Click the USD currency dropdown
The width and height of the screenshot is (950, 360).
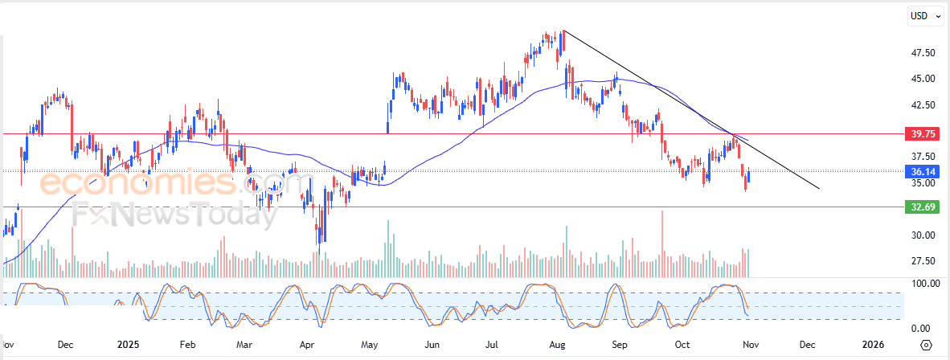pos(924,16)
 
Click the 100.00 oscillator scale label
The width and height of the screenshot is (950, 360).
pos(921,284)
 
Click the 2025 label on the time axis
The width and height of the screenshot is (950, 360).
pos(128,345)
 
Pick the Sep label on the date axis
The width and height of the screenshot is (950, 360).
pos(620,345)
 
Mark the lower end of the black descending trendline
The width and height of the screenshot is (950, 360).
pos(819,189)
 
